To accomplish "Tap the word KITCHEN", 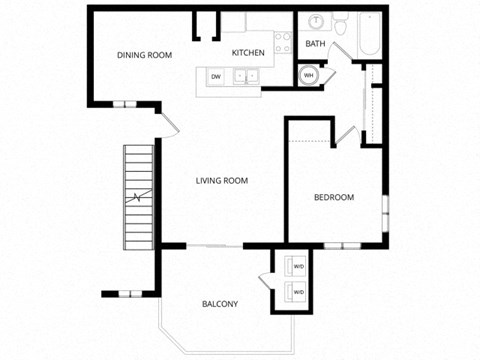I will pos(248,53).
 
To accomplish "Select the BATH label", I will pos(315,44).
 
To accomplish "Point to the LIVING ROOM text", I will pos(221,181).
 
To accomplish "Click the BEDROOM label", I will pos(334,197).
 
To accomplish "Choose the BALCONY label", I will pos(220,304).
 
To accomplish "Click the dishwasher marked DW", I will pos(215,77).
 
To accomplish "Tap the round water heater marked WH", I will pos(308,74).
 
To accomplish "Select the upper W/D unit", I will pos(298,266).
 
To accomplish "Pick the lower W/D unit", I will pos(298,292).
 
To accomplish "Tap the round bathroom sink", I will pos(316,21).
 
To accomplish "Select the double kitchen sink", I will pos(246,75).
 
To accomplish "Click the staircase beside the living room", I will pos(138,198).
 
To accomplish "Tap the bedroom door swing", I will pos(346,136).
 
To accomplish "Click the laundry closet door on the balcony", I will pos(264,283).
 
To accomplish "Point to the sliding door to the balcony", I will pos(214,246).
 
